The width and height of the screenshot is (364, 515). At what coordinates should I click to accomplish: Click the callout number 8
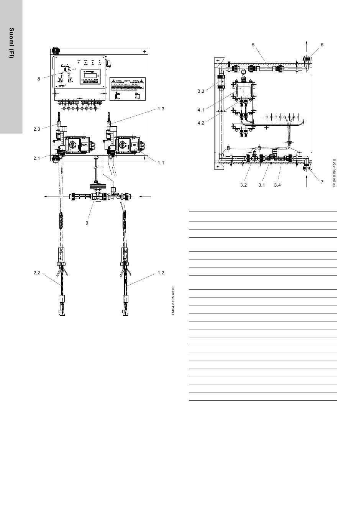coord(39,79)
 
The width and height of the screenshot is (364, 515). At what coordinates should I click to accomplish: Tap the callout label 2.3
coord(37,129)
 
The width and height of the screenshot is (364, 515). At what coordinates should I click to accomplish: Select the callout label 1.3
coord(161,109)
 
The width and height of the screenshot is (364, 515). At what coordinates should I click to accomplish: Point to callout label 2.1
coord(37,158)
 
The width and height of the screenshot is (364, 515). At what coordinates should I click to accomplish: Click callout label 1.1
coord(161,163)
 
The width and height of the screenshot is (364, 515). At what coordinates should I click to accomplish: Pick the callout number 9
coord(87,223)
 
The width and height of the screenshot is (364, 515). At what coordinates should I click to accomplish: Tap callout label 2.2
coord(37,273)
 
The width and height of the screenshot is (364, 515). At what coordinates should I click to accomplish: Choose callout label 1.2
coord(161,273)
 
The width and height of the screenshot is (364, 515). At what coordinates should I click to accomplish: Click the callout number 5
coord(253,45)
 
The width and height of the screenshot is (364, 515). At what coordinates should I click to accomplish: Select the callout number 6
coord(322,45)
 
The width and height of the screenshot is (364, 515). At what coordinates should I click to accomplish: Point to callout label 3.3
coord(201,91)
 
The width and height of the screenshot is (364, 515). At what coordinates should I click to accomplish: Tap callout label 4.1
coord(201,110)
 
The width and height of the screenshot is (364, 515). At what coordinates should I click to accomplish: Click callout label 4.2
coord(201,123)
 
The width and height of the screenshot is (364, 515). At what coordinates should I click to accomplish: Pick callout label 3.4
coord(277,185)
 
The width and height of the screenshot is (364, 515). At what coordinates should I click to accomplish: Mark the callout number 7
coord(322,182)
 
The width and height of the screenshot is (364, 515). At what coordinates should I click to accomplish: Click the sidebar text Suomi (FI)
coord(11,43)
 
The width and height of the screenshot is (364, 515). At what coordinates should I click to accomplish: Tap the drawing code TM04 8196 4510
coord(334,173)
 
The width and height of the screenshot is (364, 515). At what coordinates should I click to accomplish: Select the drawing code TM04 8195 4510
coord(173,301)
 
